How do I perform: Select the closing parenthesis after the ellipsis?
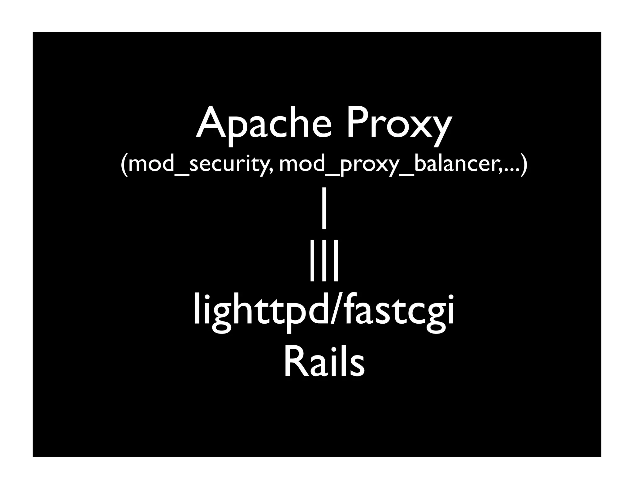click(523, 165)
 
